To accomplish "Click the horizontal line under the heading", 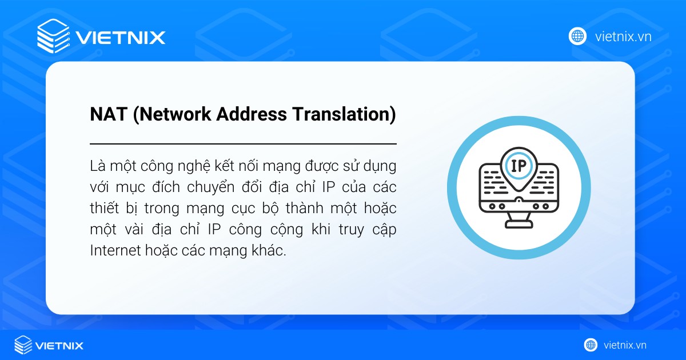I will [x=243, y=143].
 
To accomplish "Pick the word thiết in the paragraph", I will [x=103, y=209].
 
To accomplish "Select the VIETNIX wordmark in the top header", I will [x=121, y=38].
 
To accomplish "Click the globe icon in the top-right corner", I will [x=577, y=37].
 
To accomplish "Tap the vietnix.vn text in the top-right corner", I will [x=623, y=37].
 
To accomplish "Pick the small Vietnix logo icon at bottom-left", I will [x=23, y=345].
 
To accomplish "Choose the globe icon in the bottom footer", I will [x=591, y=345].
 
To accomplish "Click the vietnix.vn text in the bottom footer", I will [x=625, y=345].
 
